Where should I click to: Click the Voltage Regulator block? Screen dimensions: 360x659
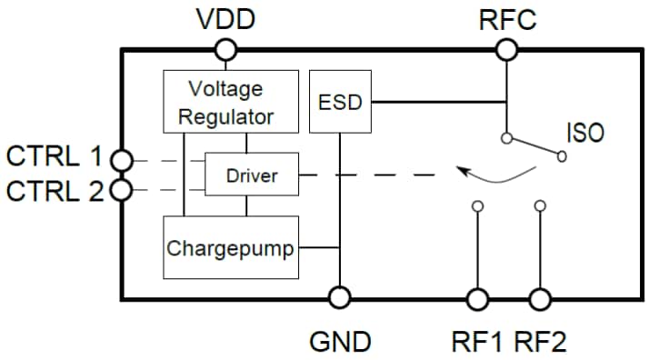(x=230, y=102)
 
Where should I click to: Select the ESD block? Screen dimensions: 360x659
(x=341, y=103)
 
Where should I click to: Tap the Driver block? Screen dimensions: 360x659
(x=252, y=174)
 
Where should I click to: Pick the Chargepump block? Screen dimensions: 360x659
(x=231, y=247)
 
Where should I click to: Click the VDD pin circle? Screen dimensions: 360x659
(x=226, y=49)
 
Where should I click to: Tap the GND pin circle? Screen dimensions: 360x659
(x=339, y=298)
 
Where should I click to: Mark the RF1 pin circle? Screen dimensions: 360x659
(x=477, y=298)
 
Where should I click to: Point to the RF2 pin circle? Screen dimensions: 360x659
(x=540, y=298)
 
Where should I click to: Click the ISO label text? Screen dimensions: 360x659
(x=585, y=134)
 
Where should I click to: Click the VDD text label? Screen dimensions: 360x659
(x=226, y=19)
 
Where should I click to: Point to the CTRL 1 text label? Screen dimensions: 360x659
(x=55, y=156)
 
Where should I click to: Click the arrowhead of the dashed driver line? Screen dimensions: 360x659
(x=462, y=171)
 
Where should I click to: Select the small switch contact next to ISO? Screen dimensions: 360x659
(x=562, y=157)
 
